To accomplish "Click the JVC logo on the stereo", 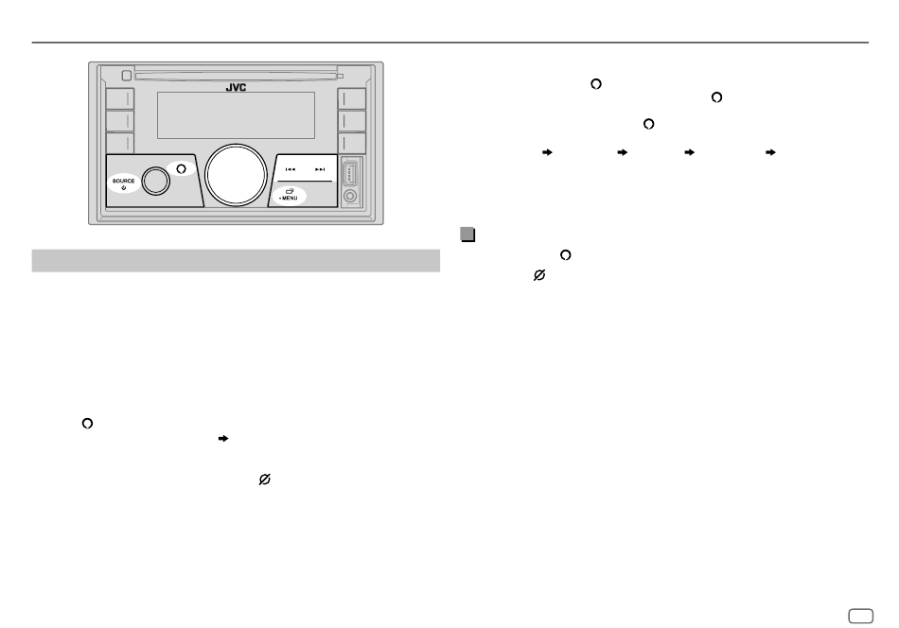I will click(x=236, y=86).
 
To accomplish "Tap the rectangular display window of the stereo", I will click(x=236, y=114).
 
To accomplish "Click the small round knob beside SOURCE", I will click(x=156, y=180).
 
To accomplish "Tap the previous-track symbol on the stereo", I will click(x=291, y=170).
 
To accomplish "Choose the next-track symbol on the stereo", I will click(x=321, y=170).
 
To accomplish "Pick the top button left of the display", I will click(x=118, y=99).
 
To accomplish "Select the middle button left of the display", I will click(x=118, y=121).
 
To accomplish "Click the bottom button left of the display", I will click(x=118, y=143).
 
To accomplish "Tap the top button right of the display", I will click(x=352, y=99).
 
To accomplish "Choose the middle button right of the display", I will click(x=352, y=121).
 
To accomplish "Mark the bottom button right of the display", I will click(x=352, y=143).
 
